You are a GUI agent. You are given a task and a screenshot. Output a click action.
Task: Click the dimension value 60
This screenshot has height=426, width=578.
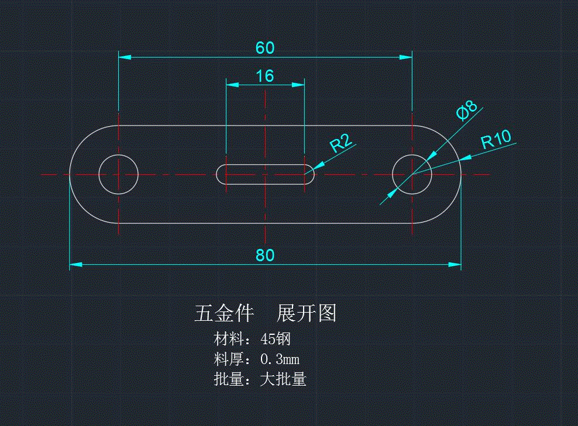pyautogui.click(x=265, y=48)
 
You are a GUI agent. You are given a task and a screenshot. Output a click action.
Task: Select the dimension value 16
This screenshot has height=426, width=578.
pyautogui.click(x=265, y=76)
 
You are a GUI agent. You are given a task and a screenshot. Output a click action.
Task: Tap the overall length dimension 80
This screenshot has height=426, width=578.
pyautogui.click(x=265, y=255)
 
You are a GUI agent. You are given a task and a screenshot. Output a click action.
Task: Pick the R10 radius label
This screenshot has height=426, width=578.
pyautogui.click(x=496, y=140)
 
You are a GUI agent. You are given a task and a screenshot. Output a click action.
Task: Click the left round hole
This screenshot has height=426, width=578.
pyautogui.click(x=118, y=174)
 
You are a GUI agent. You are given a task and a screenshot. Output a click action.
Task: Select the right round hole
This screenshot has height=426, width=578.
pyautogui.click(x=412, y=174)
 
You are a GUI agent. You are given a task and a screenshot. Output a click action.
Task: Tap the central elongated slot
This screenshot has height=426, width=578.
pyautogui.click(x=265, y=174)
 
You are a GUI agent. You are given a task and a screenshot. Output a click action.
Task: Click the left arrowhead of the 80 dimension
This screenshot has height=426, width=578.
pyautogui.click(x=75, y=265)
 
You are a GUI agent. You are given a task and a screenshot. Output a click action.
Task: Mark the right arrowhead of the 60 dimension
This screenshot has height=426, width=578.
pyautogui.click(x=407, y=57)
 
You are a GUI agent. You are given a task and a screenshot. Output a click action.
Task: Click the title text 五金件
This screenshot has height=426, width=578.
pyautogui.click(x=223, y=314)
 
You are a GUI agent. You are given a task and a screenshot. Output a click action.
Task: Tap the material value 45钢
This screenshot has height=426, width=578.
pyautogui.click(x=276, y=339)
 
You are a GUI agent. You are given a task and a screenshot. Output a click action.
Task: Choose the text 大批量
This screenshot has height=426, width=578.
pyautogui.click(x=283, y=379)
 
